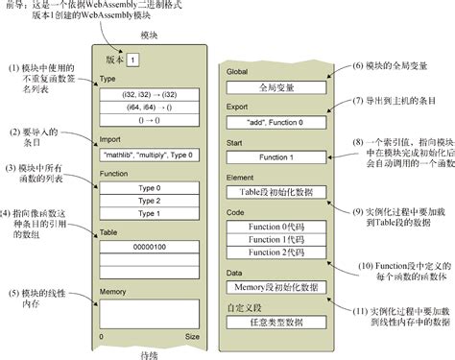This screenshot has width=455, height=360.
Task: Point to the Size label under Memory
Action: point(192,336)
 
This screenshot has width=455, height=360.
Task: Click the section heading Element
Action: point(239,177)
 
